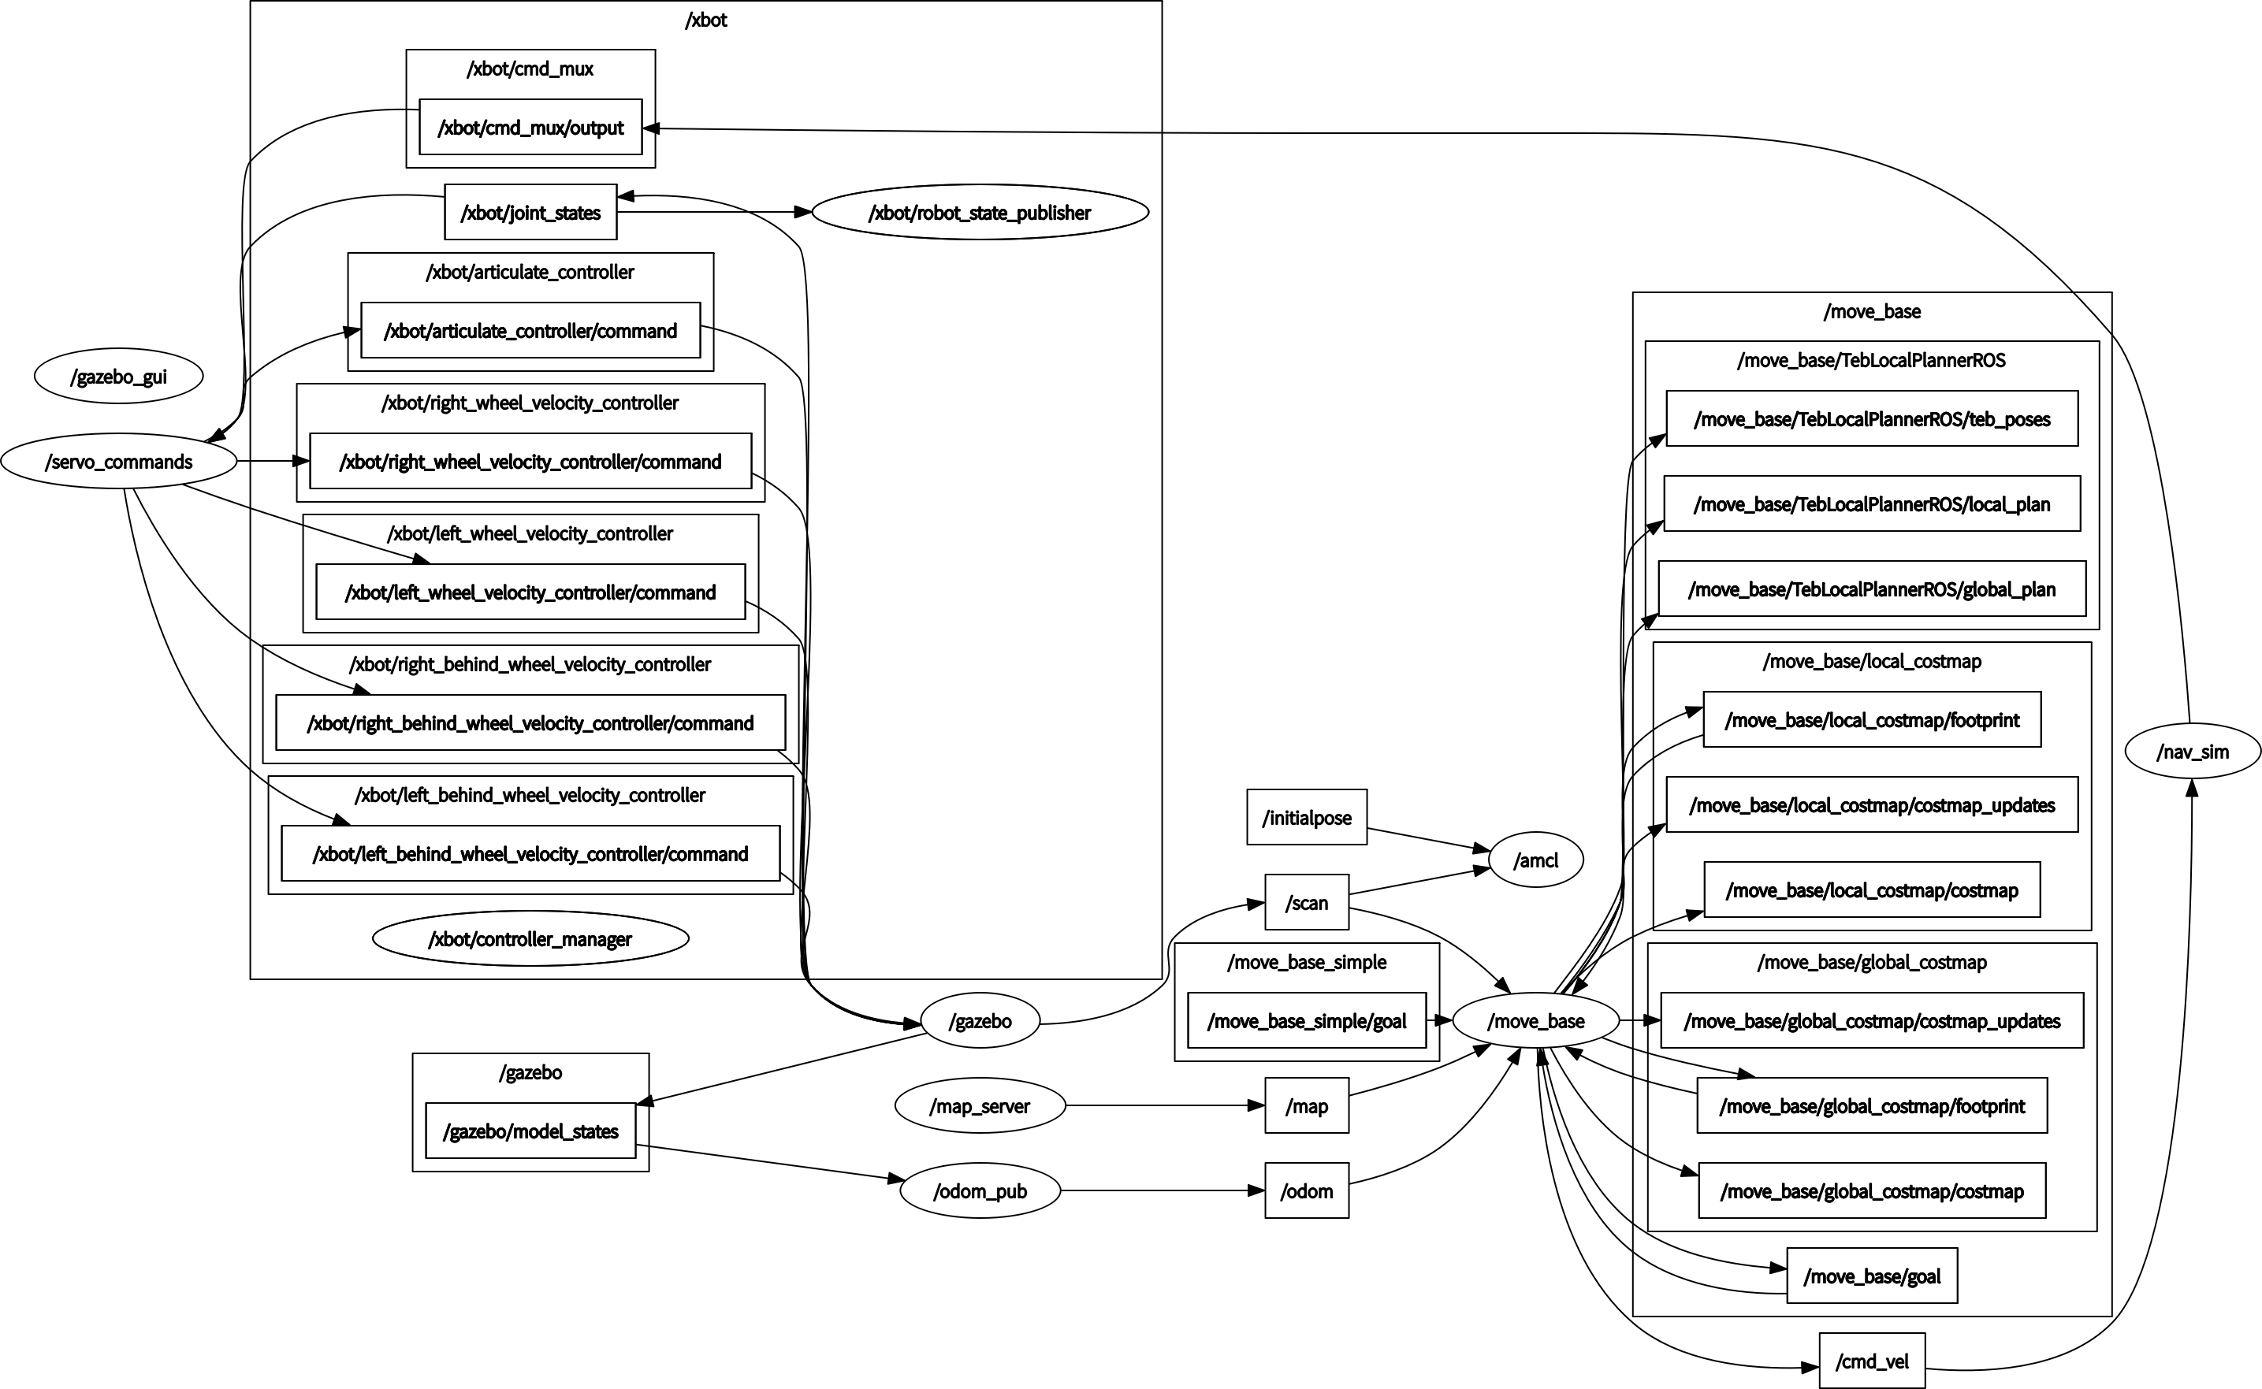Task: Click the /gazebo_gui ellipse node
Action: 118,376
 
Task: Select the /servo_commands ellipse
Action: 118,461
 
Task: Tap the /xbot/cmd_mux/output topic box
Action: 530,128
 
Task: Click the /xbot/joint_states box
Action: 530,212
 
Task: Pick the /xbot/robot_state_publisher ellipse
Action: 980,212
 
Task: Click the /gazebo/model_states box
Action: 530,1131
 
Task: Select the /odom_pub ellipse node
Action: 980,1190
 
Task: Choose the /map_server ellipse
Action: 980,1106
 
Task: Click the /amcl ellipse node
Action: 1535,860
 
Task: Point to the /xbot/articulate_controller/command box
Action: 530,331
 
